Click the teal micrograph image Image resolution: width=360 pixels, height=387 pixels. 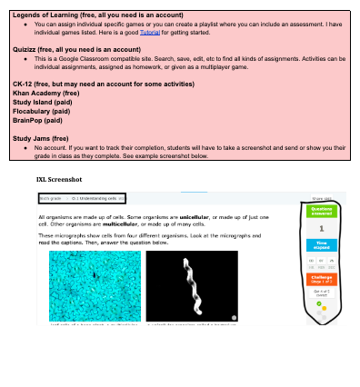pos(95,284)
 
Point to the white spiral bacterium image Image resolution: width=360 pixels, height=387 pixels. pos(191,284)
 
